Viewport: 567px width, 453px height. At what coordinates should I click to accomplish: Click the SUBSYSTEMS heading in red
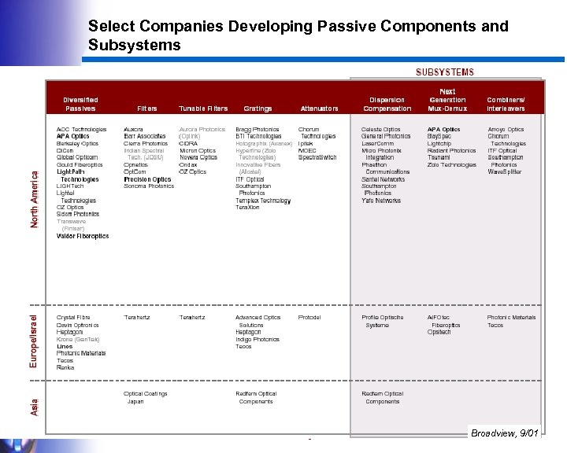pos(445,72)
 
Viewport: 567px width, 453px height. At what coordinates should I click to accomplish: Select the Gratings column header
pos(258,109)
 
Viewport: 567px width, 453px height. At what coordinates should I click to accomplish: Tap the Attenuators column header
pos(319,109)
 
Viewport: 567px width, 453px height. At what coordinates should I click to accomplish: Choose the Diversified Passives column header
pos(81,104)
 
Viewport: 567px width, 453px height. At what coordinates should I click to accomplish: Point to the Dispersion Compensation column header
pos(387,104)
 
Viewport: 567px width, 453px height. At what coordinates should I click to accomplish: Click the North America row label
pos(35,201)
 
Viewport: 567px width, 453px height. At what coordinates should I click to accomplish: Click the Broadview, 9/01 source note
pos(504,433)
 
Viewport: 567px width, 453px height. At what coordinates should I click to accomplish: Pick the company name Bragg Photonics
pos(257,129)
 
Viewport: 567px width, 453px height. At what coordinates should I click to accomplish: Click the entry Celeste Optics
pos(381,129)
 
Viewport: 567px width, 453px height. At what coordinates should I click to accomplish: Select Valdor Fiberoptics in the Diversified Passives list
pos(83,236)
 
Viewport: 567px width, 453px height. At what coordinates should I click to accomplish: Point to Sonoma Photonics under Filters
pos(149,186)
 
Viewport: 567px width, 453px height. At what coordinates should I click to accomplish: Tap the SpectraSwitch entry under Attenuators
pos(317,157)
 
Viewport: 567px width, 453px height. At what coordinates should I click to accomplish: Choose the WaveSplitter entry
pos(505,171)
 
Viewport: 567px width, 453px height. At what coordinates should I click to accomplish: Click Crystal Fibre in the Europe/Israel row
pos(73,318)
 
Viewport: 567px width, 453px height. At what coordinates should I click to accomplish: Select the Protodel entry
pos(309,318)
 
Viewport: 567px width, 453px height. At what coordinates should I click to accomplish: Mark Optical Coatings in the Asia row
pos(146,394)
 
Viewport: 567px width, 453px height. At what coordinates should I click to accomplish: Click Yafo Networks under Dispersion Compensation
pos(381,201)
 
